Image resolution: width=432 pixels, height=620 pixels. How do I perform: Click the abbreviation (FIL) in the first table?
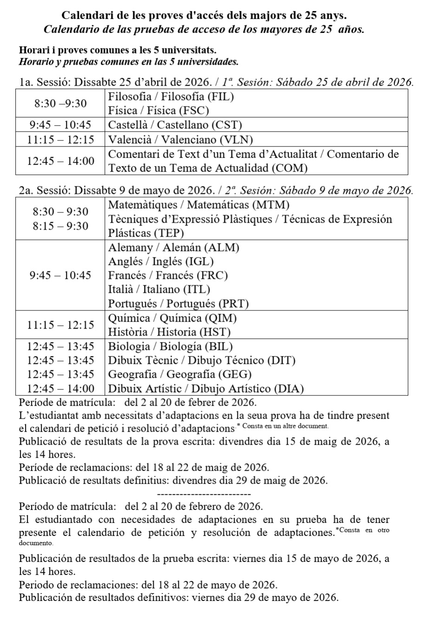point(220,97)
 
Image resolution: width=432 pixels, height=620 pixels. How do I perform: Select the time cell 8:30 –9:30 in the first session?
point(61,103)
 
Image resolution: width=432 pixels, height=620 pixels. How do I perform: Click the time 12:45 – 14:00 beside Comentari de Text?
point(61,161)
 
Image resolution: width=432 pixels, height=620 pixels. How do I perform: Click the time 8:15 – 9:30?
point(61,226)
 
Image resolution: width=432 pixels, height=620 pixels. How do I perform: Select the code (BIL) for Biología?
point(218,346)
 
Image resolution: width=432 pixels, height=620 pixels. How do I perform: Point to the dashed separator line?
point(204,493)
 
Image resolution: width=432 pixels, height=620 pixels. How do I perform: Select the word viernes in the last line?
point(205,597)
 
